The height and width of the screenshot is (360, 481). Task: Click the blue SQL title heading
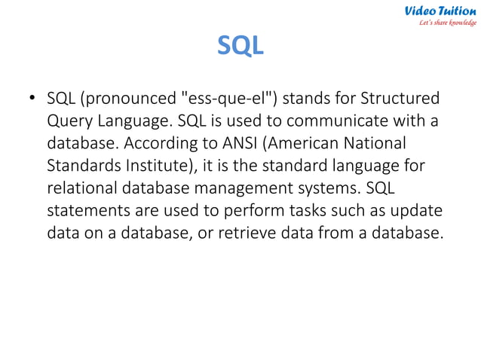pyautogui.click(x=240, y=46)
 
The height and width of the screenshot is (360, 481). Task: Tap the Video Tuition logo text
pyautogui.click(x=440, y=11)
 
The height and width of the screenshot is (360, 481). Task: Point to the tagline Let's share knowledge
pyautogui.click(x=448, y=23)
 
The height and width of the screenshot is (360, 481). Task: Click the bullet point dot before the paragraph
pyautogui.click(x=32, y=99)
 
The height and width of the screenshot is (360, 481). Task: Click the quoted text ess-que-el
pyautogui.click(x=225, y=99)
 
